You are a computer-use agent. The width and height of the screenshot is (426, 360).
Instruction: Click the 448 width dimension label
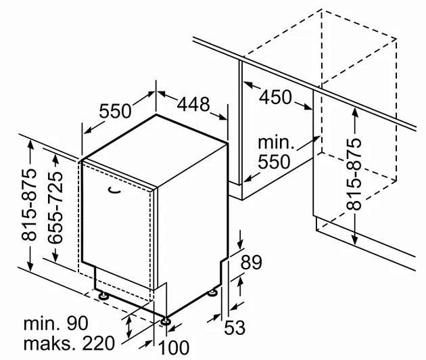(193, 104)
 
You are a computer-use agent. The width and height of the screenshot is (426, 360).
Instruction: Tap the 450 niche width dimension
(275, 97)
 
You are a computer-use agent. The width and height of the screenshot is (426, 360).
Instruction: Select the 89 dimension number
(252, 262)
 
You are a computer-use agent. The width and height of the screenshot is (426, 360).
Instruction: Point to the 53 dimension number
(235, 327)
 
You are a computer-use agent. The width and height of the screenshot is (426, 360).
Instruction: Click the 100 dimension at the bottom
(174, 347)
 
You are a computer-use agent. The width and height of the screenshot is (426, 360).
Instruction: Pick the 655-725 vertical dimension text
(55, 207)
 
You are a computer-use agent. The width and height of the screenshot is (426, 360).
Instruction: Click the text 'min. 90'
(56, 323)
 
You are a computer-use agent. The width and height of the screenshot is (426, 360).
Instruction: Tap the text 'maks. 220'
(69, 343)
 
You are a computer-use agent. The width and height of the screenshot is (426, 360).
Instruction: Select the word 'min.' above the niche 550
(276, 142)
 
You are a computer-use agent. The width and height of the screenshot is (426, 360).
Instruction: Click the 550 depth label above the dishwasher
(115, 111)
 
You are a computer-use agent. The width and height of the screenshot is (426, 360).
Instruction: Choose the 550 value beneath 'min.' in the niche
(274, 162)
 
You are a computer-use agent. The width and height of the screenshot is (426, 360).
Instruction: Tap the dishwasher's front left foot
(103, 295)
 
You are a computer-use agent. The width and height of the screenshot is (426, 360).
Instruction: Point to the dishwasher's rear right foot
(212, 293)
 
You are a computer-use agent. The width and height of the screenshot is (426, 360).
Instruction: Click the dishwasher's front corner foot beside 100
(166, 321)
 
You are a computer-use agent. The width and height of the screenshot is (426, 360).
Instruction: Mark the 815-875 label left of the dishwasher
(28, 205)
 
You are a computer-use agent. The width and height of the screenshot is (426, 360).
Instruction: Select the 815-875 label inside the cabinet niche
(354, 174)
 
